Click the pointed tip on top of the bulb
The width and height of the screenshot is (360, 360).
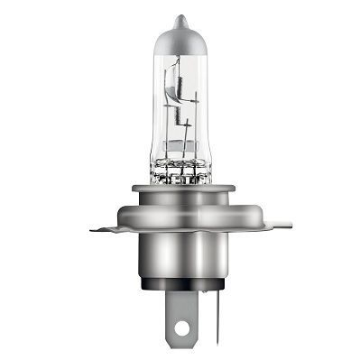[x=180, y=19]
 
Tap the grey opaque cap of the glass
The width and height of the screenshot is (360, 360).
[x=180, y=38]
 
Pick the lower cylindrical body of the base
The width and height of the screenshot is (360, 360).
[x=180, y=262]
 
